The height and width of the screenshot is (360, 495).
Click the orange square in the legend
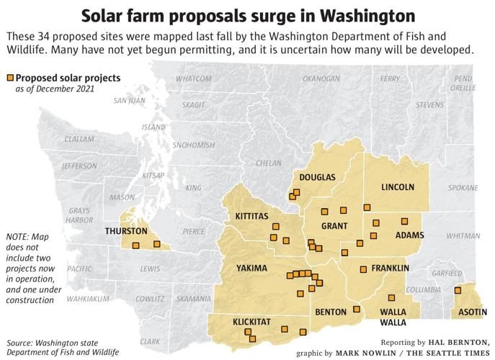click(x=11, y=78)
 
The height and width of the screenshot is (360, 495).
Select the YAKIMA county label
click(x=252, y=269)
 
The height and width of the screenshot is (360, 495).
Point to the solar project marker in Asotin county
click(x=457, y=291)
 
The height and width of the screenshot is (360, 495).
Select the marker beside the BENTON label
click(x=356, y=310)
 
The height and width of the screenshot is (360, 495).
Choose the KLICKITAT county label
click(x=252, y=322)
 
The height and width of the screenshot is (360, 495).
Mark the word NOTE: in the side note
click(x=17, y=236)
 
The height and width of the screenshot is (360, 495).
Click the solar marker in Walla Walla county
click(x=392, y=297)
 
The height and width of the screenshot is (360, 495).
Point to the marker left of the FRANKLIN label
click(x=363, y=269)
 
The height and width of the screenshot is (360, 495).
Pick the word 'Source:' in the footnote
click(x=22, y=342)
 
